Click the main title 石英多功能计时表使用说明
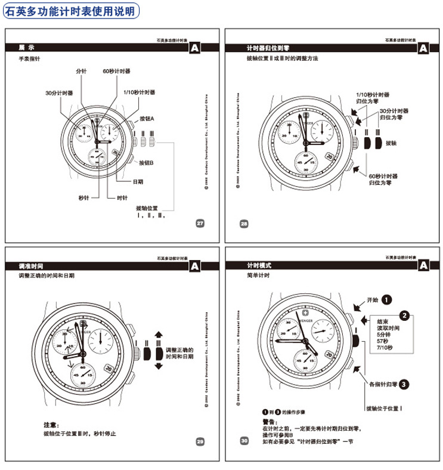coord(71,10)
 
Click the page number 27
coord(200,223)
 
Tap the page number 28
coord(244,224)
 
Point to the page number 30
coord(244,441)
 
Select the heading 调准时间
coord(31,265)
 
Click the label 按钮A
coord(147,119)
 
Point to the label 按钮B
coord(147,163)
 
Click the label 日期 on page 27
coord(138,181)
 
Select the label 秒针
coord(83,197)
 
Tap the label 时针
coord(122,197)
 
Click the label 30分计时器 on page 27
coord(59,93)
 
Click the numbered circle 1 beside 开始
coord(387,299)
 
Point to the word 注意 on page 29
coord(51,425)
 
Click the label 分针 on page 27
coord(82,71)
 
